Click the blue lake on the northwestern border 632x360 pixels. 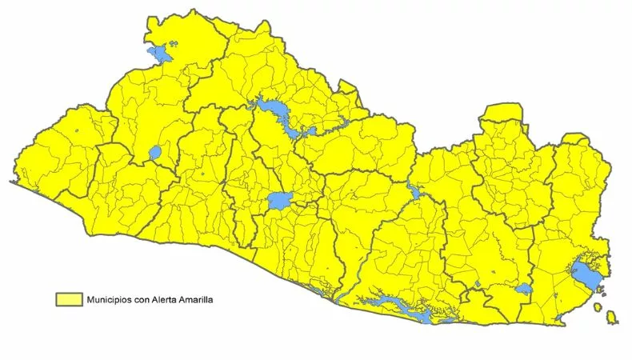pos(159,54)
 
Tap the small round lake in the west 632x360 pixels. pos(155,152)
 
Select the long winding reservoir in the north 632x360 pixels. pos(276,112)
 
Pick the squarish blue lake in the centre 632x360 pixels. pos(280,200)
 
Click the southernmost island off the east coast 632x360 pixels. pos(612,318)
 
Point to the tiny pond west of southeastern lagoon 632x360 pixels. pos(478,284)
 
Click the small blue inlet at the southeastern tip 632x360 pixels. pos(558,318)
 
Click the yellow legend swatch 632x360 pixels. pos(70,298)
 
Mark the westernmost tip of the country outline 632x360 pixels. pos(10,182)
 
